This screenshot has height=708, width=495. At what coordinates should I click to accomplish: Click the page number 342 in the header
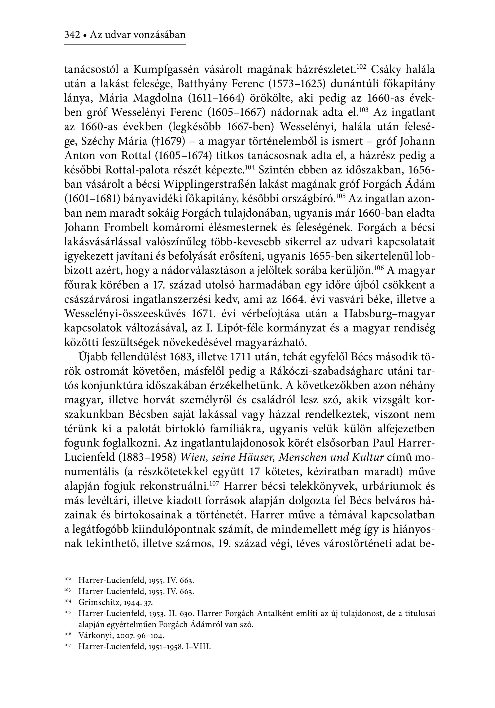pos(72,35)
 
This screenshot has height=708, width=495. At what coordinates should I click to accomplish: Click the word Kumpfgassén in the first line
pos(167,70)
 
